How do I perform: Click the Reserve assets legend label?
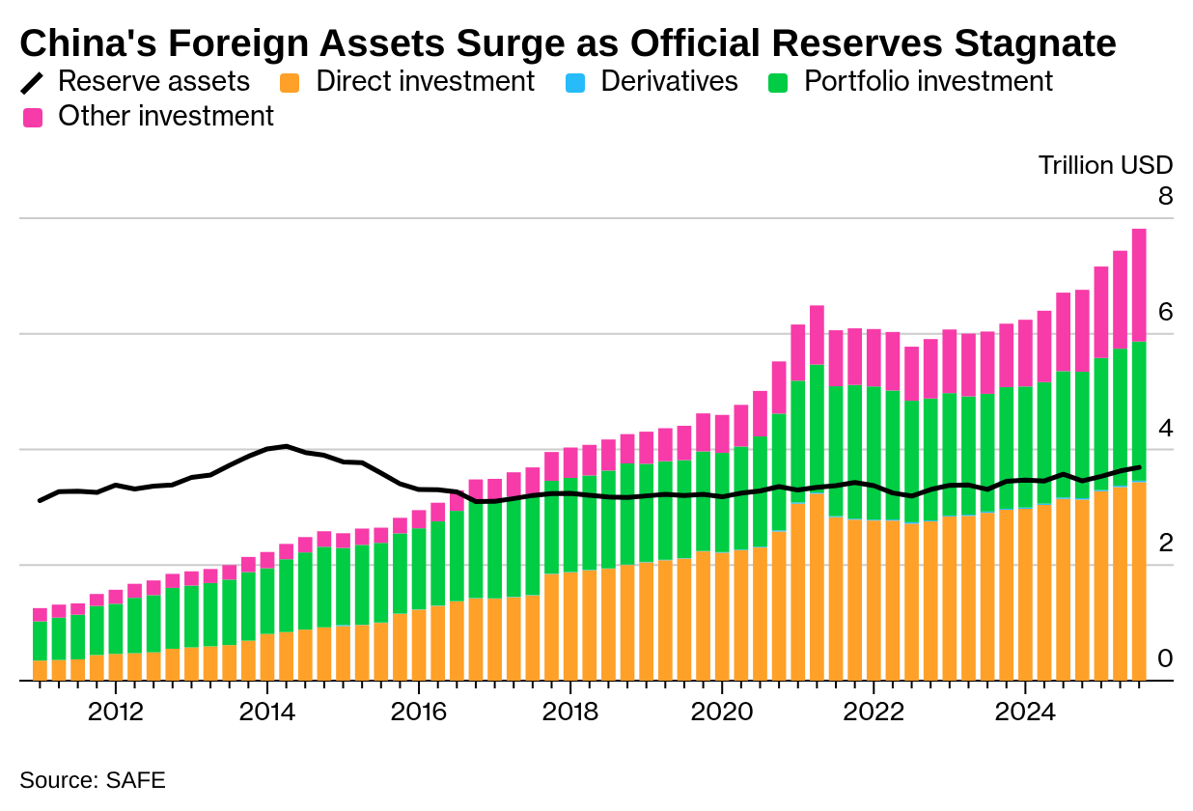[153, 81]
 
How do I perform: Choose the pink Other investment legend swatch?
[34, 118]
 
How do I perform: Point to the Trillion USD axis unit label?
[1105, 165]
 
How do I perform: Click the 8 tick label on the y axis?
[1165, 196]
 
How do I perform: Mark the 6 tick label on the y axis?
[1165, 312]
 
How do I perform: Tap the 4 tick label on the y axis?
[1165, 428]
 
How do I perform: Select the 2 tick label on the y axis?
[1165, 544]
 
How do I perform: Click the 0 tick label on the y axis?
[1165, 659]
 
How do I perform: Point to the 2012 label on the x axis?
[115, 713]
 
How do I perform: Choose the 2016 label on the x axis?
[419, 713]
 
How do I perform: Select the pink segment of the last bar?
[1139, 285]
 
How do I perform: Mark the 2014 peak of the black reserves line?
[286, 446]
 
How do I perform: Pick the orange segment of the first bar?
[40, 671]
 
